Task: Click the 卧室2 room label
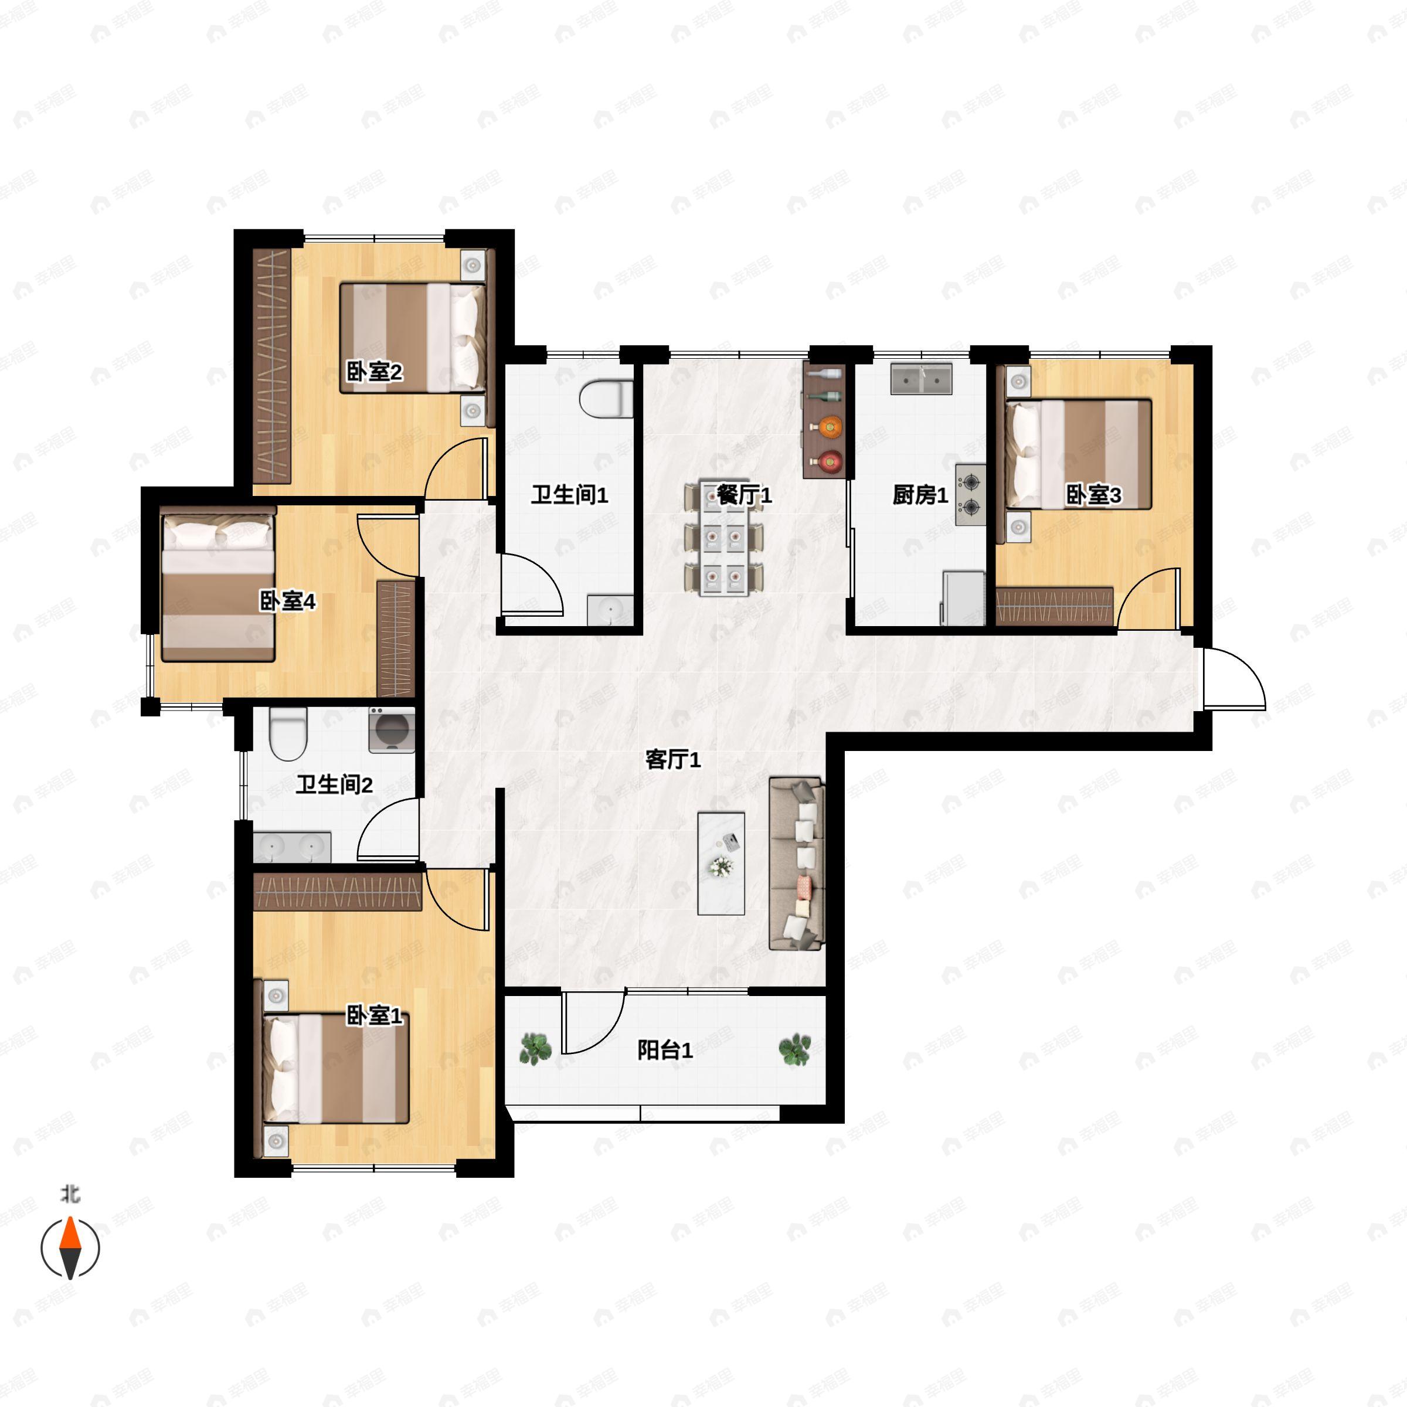373,373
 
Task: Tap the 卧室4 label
288,601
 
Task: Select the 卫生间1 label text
569,495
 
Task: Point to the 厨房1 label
920,495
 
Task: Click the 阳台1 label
665,1050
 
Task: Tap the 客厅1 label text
673,760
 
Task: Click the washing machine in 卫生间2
392,730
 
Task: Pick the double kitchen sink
921,379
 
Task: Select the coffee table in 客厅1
721,864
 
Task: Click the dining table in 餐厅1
724,538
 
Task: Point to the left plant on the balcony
535,1049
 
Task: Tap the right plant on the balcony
794,1049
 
